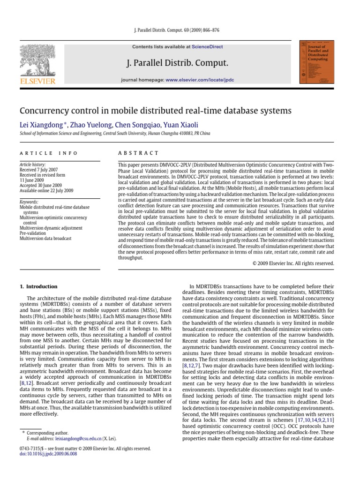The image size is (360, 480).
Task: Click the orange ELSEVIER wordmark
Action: (37, 81)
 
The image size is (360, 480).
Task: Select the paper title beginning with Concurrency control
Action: (155, 111)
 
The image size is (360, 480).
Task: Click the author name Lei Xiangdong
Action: (41, 125)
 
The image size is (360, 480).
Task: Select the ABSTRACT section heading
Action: (138, 153)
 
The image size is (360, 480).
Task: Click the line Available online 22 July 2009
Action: (46, 191)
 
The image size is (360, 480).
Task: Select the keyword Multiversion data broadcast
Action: (45, 239)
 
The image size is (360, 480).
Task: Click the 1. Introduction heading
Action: (38, 286)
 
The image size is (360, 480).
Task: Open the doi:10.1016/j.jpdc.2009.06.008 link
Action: (48, 454)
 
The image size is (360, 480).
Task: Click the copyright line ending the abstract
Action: (293, 263)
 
